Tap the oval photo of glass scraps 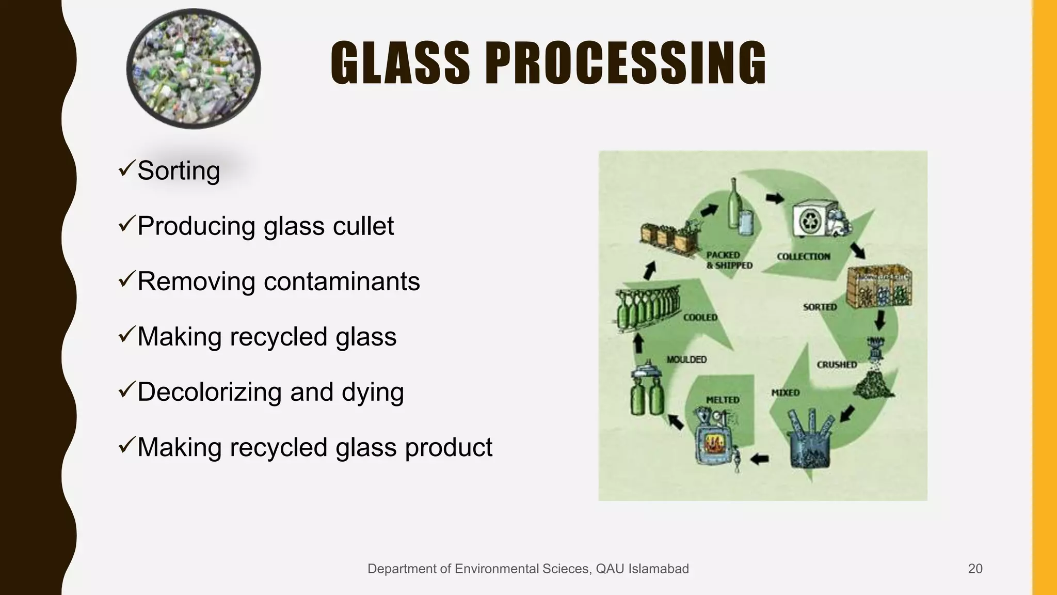pos(194,68)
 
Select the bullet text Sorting pos(179,170)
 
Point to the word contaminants pos(342,281)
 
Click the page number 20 pos(975,569)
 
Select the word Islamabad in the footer pos(658,569)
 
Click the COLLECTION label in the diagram pos(804,256)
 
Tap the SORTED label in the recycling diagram pos(820,307)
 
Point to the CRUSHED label pos(837,365)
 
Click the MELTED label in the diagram pos(723,400)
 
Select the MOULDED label pos(686,359)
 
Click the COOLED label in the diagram pos(700,317)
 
